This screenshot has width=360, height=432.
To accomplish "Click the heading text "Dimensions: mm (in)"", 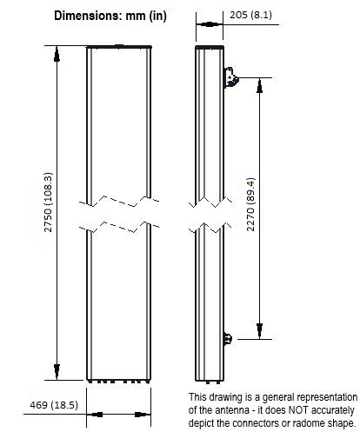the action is (110, 16).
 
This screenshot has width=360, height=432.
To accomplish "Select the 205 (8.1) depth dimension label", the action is (251, 15).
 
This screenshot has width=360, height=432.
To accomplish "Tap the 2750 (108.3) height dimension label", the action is (48, 203).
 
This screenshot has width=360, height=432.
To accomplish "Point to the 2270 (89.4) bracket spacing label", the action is (250, 204).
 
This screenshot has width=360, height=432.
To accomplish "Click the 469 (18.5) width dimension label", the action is (54, 405).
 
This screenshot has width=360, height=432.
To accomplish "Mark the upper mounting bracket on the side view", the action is (231, 77).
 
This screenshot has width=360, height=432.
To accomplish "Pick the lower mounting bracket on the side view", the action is (228, 339).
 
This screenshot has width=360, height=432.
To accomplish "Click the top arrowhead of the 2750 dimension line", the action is (57, 55).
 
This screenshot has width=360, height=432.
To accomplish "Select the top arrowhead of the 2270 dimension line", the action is (259, 86).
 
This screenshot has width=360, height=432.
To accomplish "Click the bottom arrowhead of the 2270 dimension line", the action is (259, 331).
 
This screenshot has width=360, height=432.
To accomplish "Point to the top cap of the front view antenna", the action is (119, 46).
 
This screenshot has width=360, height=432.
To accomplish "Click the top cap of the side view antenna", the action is (210, 47).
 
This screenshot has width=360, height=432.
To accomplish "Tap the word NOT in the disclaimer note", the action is (298, 410).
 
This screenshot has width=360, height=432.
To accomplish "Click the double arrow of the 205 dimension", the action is (210, 24).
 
